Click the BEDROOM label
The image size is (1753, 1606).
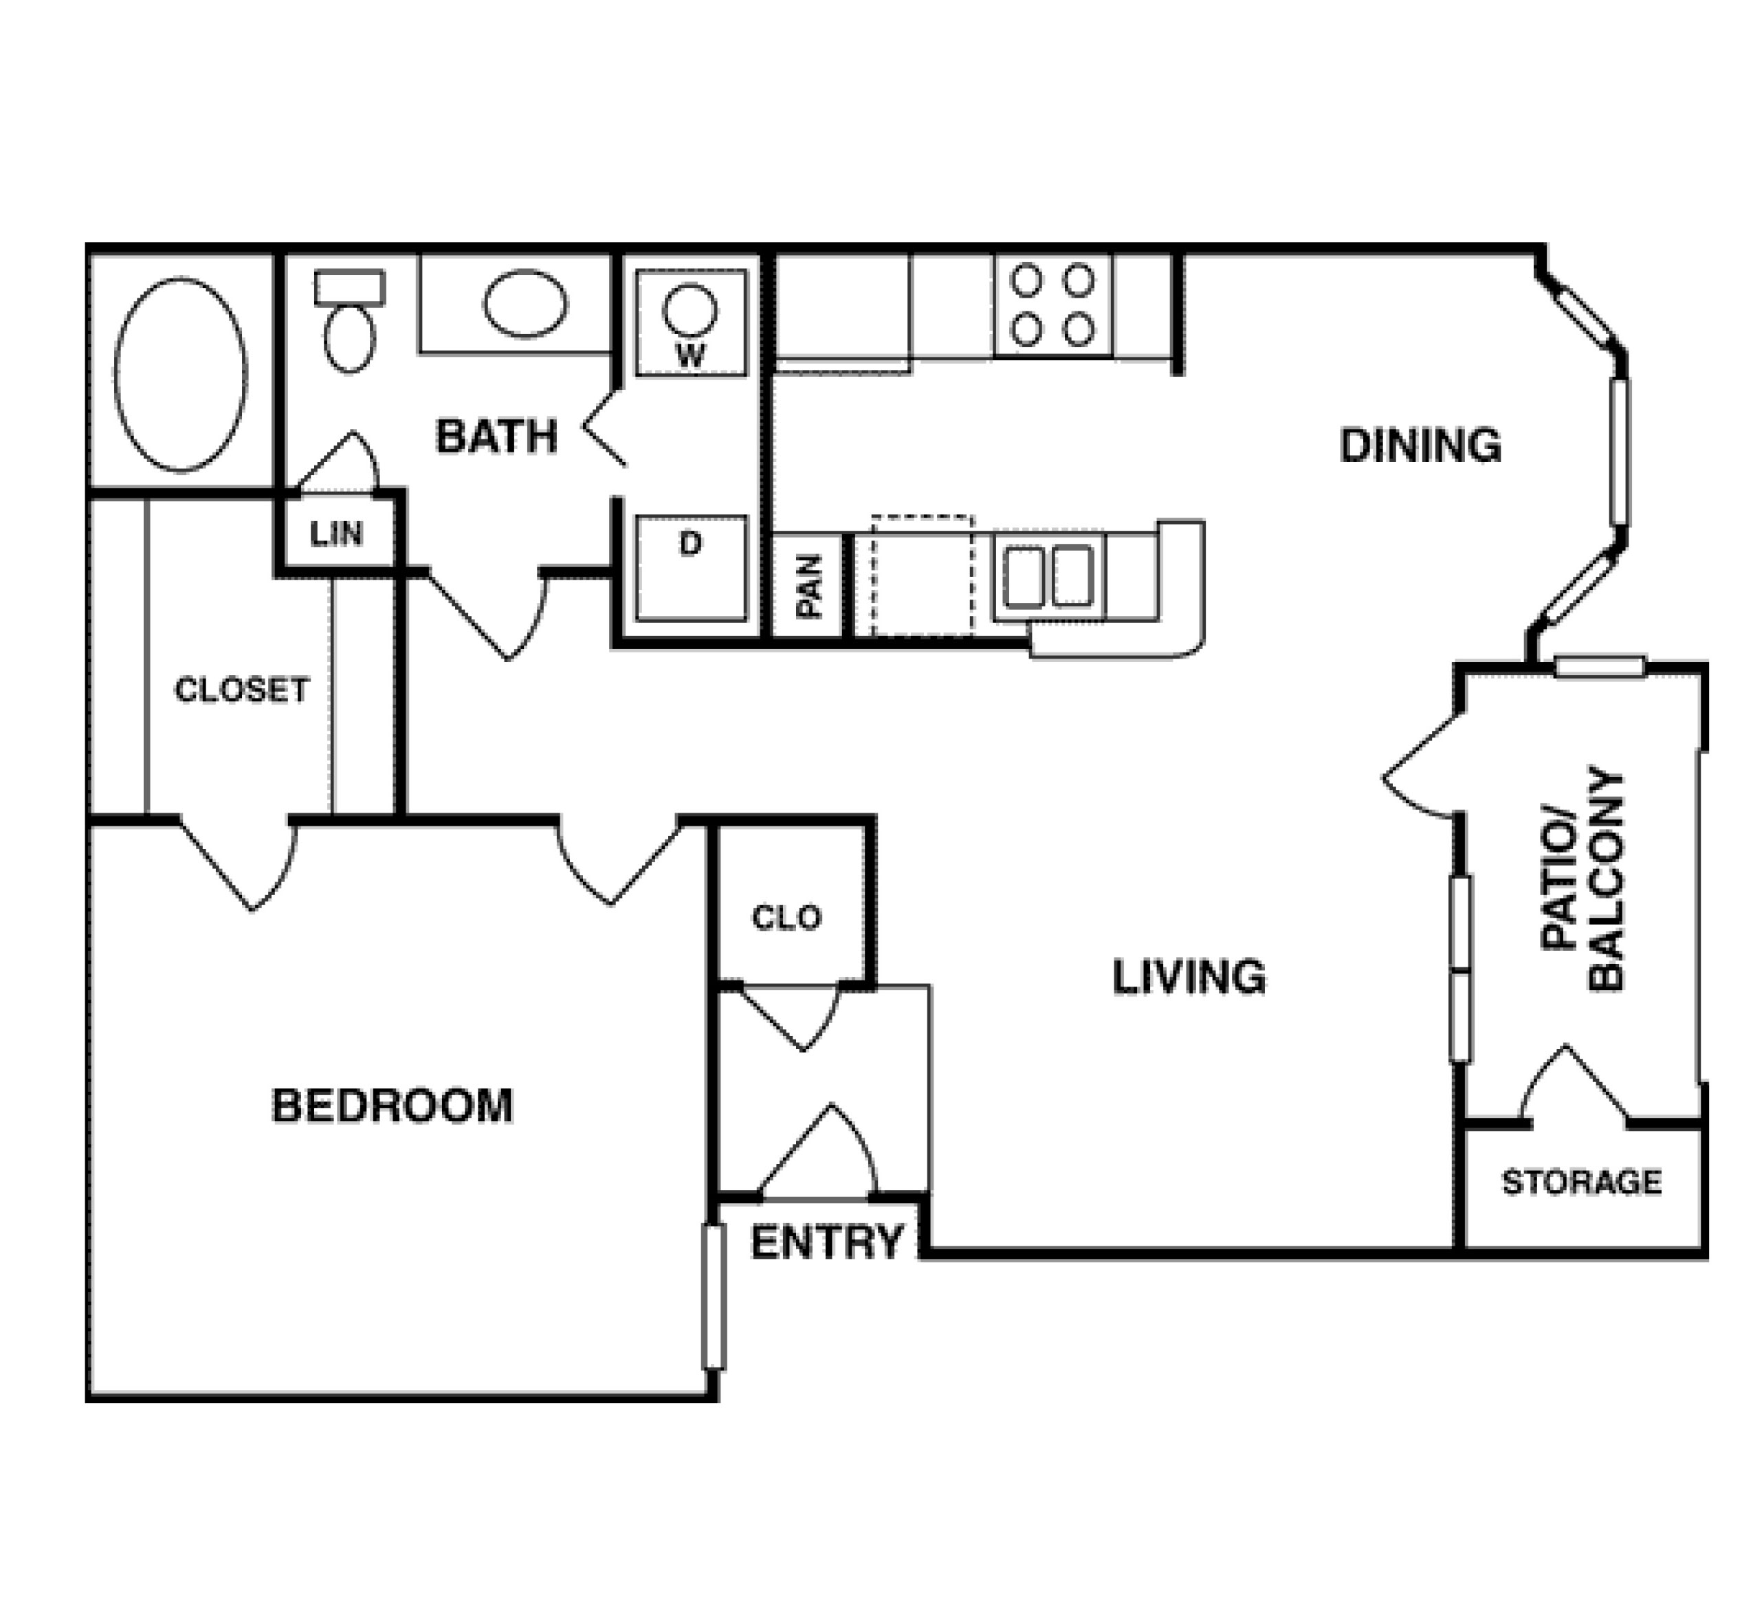pos(392,1105)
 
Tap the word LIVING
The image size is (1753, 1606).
pos(1189,976)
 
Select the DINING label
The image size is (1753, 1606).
pos(1421,445)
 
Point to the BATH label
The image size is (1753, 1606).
pos(496,436)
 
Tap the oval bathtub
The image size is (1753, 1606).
pos(181,375)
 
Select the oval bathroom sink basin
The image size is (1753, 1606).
pos(525,303)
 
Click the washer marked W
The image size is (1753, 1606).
pos(690,322)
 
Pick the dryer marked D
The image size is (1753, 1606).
pos(690,568)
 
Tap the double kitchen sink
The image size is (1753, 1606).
pos(1048,577)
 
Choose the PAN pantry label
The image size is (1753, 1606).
pos(808,587)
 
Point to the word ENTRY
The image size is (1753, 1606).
pos(828,1241)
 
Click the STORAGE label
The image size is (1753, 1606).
pos(1582,1182)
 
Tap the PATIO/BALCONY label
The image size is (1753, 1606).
pos(1582,878)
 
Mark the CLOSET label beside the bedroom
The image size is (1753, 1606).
pos(242,690)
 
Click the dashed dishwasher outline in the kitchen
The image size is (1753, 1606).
pos(923,575)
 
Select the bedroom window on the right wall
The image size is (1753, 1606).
pos(714,1297)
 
